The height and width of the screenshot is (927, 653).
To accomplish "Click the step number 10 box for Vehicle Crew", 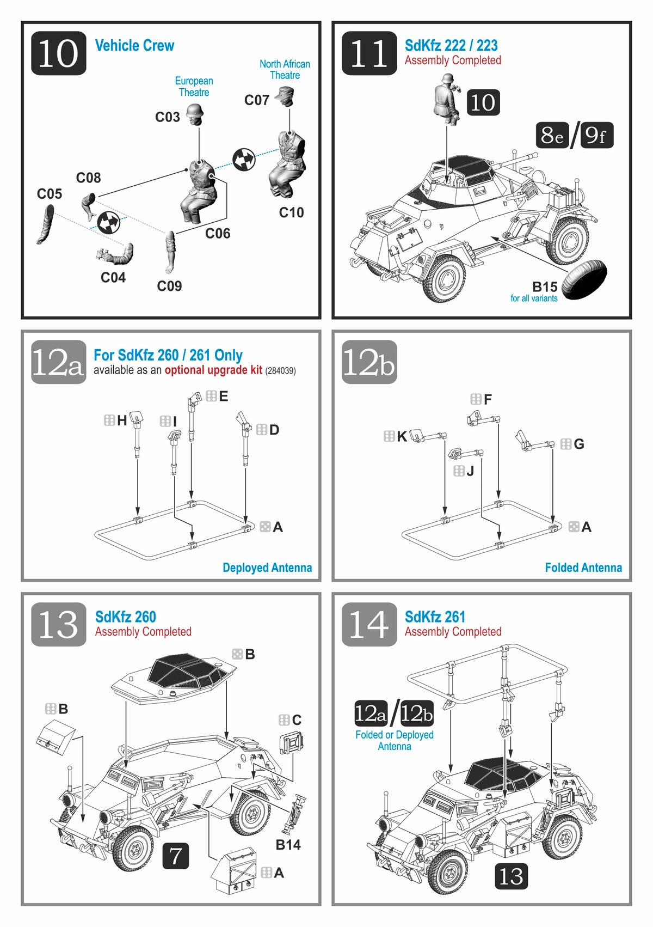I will coord(58,53).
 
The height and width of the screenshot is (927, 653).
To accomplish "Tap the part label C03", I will coord(167,117).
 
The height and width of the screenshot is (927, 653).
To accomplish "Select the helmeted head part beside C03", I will coord(194,113).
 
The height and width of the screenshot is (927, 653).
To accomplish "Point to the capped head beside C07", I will coord(286,97).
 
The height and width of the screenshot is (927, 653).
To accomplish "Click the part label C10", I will coord(291,212).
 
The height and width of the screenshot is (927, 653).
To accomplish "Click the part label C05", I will coord(50,194).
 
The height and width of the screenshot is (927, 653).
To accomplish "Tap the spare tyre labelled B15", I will coord(584,278).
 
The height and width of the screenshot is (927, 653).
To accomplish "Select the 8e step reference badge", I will coord(552,135).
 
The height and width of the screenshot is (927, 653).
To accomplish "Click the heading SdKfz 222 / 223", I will coord(451,45).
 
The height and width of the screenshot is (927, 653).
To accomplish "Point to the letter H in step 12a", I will coord(122,420).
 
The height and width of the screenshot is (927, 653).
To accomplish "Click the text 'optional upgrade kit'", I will coord(213,370).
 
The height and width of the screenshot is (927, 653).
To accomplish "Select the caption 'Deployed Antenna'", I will coord(267,568).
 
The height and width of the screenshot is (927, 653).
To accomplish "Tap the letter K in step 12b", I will coord(402,436).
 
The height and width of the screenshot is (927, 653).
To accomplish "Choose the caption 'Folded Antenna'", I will coord(583,568).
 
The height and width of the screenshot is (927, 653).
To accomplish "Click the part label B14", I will coord(288,844).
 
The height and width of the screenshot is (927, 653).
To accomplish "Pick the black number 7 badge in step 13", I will coord(175,856).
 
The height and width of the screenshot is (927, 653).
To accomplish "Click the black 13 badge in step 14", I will coord(510,876).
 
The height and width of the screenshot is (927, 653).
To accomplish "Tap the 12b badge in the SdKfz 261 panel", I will coord(417,713).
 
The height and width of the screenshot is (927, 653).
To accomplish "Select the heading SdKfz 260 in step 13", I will coord(125,617).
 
